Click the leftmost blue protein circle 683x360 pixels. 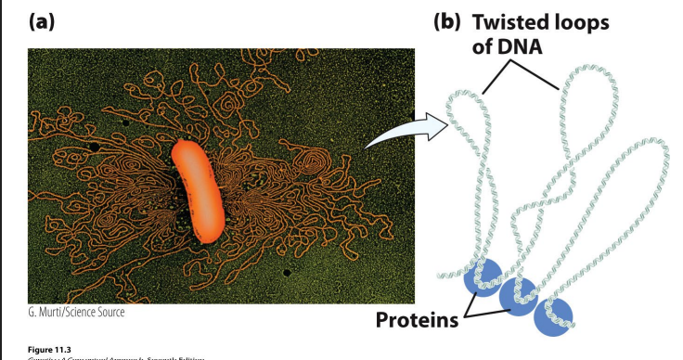pyautogui.click(x=483, y=276)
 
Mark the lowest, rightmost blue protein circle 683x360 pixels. pyautogui.click(x=553, y=316)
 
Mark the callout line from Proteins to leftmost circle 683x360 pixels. pyautogui.click(x=469, y=300)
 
